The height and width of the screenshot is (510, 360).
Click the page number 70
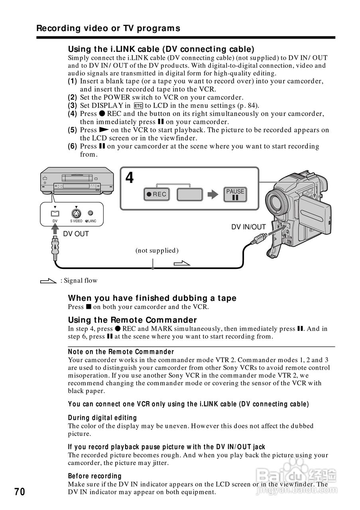[x=20, y=492]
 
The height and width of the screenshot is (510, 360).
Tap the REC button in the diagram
[x=156, y=194]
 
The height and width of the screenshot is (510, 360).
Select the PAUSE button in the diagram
[x=235, y=194]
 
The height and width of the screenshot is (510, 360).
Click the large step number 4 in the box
[x=130, y=178]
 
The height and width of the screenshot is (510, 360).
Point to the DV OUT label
[x=76, y=234]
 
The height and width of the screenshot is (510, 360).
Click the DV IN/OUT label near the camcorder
[x=248, y=227]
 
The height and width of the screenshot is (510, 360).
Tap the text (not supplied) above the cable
[x=157, y=250]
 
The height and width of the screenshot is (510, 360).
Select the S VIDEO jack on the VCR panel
[x=76, y=213]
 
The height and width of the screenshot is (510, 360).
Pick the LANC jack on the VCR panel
[x=90, y=213]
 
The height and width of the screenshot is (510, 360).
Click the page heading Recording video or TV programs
[x=108, y=28]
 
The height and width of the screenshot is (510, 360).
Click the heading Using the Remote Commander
[x=132, y=320]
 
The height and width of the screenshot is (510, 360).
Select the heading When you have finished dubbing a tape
[x=152, y=298]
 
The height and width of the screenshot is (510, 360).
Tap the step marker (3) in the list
[x=72, y=106]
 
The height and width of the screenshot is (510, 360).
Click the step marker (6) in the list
[x=72, y=146]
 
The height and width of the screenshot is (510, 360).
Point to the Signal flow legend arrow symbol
[x=49, y=281]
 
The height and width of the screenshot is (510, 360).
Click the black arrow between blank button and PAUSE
[x=213, y=194]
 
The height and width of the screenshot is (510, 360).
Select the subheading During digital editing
[x=102, y=418]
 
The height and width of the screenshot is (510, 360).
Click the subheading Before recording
[x=94, y=476]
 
